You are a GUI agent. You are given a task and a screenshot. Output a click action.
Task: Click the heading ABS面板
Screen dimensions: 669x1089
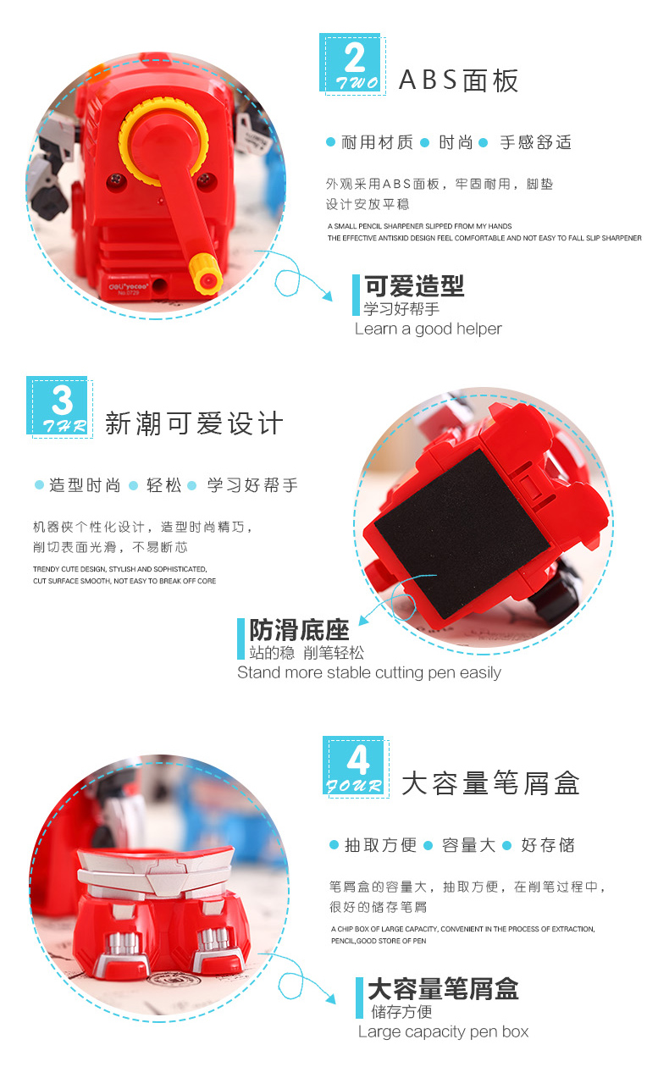458,80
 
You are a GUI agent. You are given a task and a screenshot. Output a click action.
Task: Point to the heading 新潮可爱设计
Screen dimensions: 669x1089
194,423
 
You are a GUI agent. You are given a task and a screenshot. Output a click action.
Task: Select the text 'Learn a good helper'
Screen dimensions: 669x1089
428,329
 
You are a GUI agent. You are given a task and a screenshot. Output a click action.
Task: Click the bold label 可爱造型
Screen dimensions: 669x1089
415,286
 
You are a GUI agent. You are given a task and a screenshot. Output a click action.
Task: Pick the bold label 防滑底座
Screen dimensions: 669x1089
300,630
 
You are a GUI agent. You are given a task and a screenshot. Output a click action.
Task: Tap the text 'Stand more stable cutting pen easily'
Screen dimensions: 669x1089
369,673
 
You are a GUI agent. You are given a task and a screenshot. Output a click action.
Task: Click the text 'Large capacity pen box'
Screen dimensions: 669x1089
443,1032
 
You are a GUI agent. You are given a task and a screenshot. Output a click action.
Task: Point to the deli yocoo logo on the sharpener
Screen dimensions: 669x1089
129,287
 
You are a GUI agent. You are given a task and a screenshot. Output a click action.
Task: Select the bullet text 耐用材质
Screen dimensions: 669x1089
377,142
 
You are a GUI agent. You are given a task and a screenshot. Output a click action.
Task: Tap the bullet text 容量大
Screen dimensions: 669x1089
468,845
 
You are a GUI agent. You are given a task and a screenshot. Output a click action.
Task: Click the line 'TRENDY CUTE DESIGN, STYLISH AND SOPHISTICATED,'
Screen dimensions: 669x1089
120,569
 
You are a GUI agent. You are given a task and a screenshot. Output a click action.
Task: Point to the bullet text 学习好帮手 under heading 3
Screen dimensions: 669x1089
252,485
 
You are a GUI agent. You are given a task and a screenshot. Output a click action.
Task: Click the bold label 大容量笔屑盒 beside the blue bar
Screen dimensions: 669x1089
444,989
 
